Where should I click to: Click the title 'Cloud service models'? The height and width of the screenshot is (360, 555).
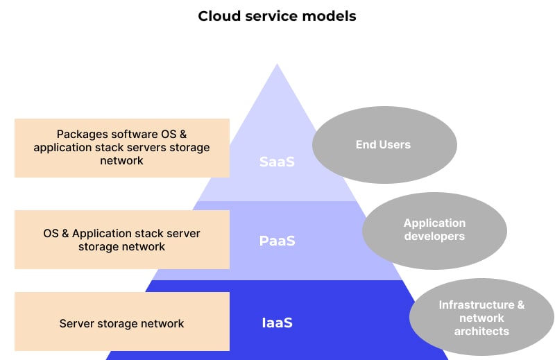[277, 16]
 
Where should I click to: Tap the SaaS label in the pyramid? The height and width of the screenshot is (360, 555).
[277, 162]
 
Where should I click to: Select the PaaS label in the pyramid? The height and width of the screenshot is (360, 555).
[277, 241]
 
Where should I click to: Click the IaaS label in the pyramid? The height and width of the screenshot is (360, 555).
[277, 323]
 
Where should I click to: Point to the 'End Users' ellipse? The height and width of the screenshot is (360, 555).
[384, 145]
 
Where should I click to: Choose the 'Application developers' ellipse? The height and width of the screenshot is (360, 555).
[434, 230]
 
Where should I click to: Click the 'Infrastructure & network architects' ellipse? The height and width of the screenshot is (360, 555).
[481, 318]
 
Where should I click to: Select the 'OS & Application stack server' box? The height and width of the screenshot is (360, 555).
[121, 239]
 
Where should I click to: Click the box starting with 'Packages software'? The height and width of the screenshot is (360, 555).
[121, 147]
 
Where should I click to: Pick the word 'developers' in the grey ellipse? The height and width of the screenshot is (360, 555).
[434, 237]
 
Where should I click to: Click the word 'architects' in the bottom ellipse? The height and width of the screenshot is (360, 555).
[481, 331]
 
